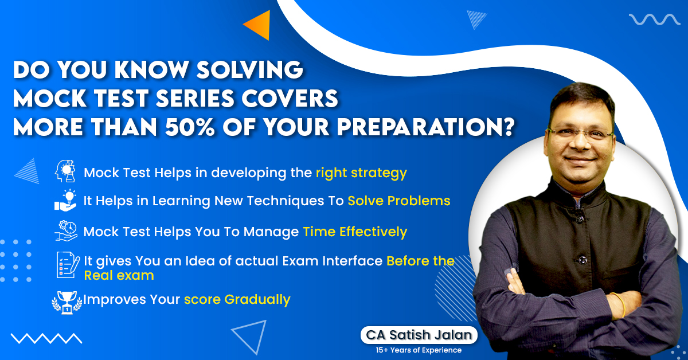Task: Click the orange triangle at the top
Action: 260,25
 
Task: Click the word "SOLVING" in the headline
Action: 250,69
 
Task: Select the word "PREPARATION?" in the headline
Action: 425,127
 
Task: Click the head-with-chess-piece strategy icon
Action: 65,171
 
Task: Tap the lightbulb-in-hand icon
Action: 65,200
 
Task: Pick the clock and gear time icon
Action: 66,230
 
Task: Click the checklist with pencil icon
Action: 68,265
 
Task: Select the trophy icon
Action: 67,303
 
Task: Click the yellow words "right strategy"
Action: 362,173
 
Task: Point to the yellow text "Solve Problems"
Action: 399,201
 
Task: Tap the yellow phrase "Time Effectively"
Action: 355,232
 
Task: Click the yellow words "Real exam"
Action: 119,276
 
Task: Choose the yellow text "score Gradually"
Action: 237,300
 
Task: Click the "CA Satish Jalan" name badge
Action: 419,335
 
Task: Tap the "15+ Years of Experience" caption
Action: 419,350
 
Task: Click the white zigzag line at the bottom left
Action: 46,338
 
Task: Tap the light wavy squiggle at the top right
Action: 654,19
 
